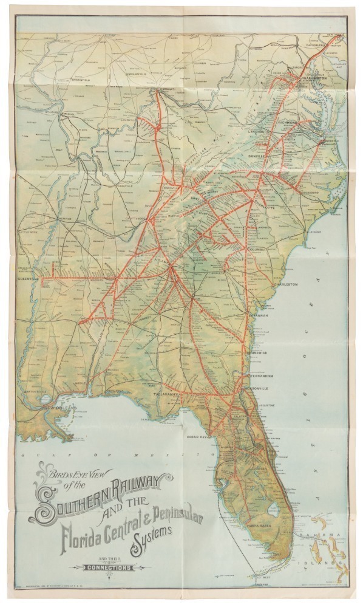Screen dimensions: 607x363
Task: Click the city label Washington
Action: click(312, 78)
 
